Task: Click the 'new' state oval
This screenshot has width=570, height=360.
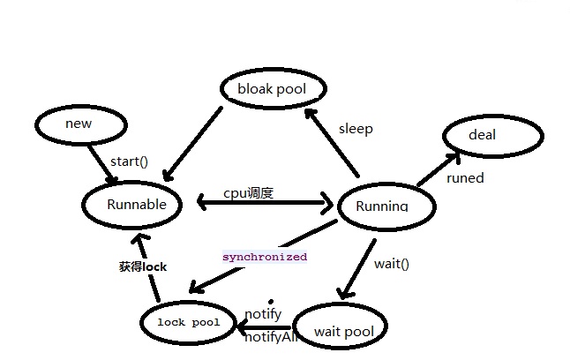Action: (x=79, y=124)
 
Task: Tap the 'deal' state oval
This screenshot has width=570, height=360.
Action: (x=483, y=135)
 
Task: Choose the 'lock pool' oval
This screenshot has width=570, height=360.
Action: (x=189, y=323)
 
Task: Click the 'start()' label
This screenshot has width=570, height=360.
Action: (x=129, y=161)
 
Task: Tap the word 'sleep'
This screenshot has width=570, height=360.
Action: (x=356, y=129)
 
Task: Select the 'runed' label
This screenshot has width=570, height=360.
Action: (x=465, y=178)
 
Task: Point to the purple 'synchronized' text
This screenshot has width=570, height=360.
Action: (x=264, y=257)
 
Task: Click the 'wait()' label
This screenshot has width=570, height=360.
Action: (x=392, y=263)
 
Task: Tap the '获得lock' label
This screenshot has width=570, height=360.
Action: (x=143, y=266)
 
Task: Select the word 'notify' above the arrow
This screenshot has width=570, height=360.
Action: (x=263, y=314)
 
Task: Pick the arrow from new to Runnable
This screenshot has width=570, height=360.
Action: (x=101, y=163)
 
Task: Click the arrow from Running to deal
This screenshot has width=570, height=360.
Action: (x=438, y=169)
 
